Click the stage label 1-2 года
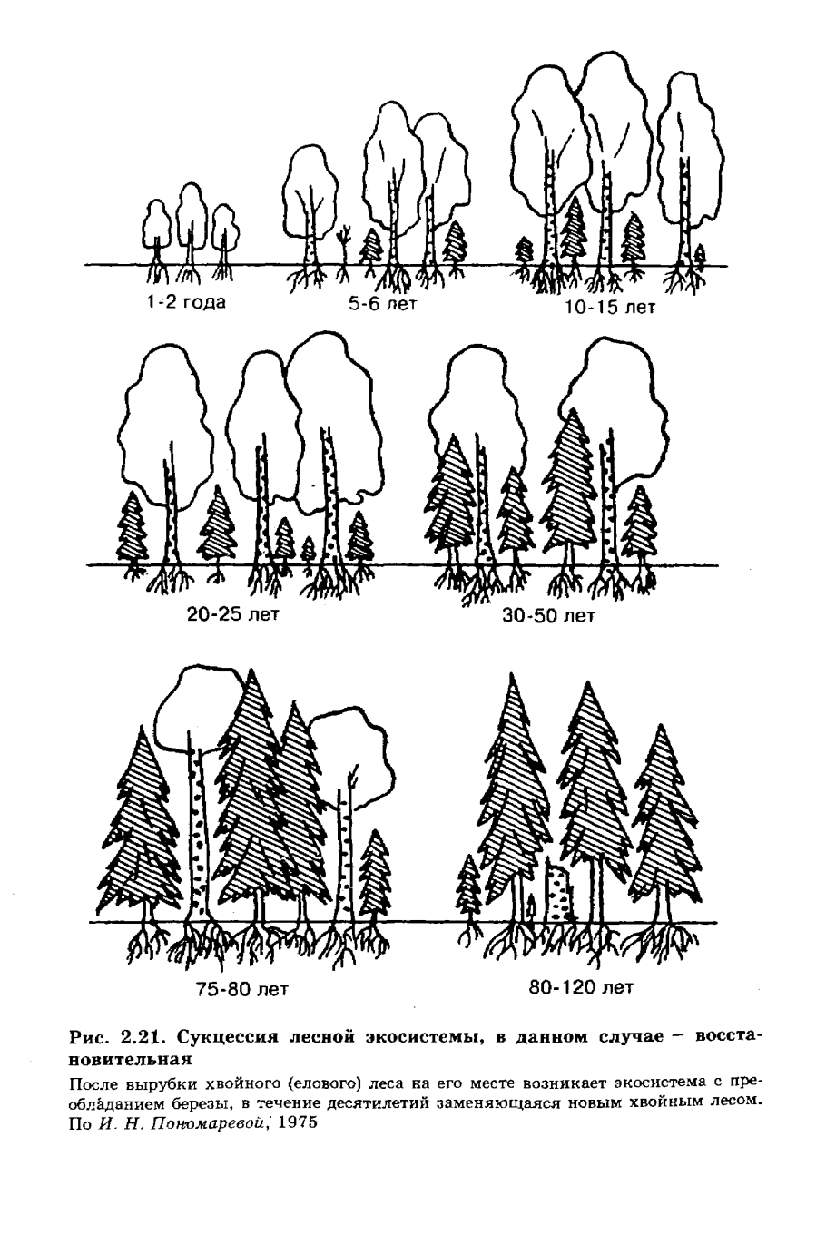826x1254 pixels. [186, 302]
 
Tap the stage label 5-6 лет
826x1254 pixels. [383, 305]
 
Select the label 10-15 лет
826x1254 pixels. [609, 308]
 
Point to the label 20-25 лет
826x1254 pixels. [233, 614]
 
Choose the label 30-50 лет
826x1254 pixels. [549, 616]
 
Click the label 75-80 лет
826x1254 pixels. [242, 989]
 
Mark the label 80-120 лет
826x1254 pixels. [581, 987]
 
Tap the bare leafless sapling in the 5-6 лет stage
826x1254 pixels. [345, 252]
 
